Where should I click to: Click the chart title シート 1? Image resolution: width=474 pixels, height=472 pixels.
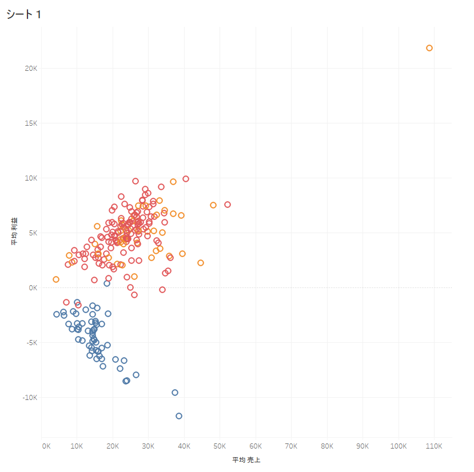pos(23,15)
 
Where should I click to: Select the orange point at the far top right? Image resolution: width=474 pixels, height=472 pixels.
pos(429,48)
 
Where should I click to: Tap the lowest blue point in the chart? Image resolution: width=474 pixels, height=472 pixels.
pos(179,416)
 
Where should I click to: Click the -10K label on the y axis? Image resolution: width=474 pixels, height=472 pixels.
pos(29,397)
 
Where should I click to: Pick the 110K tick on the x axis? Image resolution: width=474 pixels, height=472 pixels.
pos(433,446)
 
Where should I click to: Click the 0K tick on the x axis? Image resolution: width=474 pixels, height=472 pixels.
pos(46,446)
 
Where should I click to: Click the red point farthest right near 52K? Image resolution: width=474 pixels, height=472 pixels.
pos(228,205)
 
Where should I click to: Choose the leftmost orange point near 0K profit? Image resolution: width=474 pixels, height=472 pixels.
pos(56,279)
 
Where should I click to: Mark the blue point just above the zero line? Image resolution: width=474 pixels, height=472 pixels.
pos(107,283)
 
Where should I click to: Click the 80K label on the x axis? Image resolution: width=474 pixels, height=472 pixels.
pos(327,446)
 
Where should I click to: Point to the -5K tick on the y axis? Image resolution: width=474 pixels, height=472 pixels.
pos(30,342)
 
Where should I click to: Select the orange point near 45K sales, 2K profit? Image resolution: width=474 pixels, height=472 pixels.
pos(201,263)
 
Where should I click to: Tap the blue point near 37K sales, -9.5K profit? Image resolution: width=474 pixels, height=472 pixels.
pos(175,393)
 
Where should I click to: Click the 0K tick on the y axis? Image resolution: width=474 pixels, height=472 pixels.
pos(32,287)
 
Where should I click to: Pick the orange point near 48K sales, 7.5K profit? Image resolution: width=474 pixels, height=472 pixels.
pos(213,205)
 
